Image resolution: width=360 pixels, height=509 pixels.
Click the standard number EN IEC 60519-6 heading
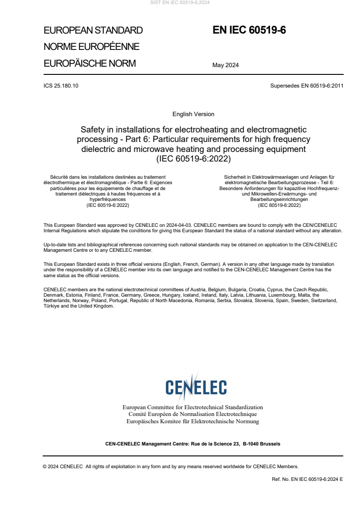pyautogui.click(x=249, y=30)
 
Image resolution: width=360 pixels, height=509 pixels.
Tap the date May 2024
pyautogui.click(x=226, y=65)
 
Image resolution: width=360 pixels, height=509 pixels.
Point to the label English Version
pyautogui.click(x=193, y=114)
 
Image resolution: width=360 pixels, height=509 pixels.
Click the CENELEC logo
pyautogui.click(x=196, y=386)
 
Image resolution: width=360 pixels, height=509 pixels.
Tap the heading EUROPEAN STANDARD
pyautogui.click(x=93, y=30)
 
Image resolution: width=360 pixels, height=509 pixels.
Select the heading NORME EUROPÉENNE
pyautogui.click(x=91, y=47)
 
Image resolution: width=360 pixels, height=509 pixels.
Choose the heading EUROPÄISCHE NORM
pyautogui.click(x=89, y=63)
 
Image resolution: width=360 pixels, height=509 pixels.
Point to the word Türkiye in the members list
pyautogui.click(x=52, y=306)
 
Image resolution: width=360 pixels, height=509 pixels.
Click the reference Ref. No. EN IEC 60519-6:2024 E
pyautogui.click(x=307, y=479)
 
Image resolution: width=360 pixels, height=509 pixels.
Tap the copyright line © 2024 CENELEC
pyautogui.click(x=63, y=466)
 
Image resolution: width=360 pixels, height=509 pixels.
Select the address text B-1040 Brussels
pyautogui.click(x=261, y=444)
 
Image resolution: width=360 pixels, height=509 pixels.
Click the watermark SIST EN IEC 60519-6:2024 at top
pyautogui.click(x=180, y=3)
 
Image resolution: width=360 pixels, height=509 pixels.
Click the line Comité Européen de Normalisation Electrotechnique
pyautogui.click(x=192, y=414)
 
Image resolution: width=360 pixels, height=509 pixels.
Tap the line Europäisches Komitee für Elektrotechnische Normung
pyautogui.click(x=192, y=421)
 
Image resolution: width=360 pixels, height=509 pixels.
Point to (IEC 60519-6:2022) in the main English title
pyautogui.click(x=193, y=159)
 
